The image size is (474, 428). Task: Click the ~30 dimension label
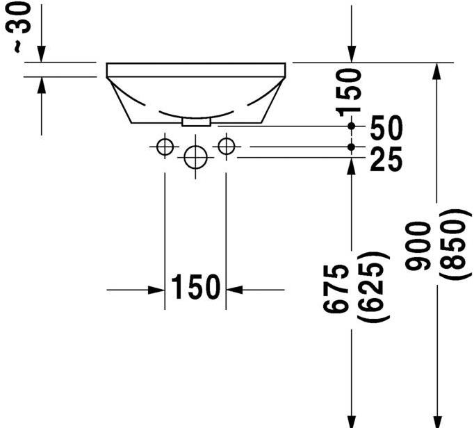pos(18,28)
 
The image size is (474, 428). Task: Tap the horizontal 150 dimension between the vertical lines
pos(195,286)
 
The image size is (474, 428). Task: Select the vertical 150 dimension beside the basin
pos(348,93)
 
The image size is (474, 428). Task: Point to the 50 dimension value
pos(386,128)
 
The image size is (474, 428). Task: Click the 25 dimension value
pos(386,159)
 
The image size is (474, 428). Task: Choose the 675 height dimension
pos(336,289)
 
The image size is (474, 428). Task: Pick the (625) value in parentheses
pos(373,286)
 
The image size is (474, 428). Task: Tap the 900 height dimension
pos(418,246)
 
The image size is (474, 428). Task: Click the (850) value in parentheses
pos(455,245)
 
